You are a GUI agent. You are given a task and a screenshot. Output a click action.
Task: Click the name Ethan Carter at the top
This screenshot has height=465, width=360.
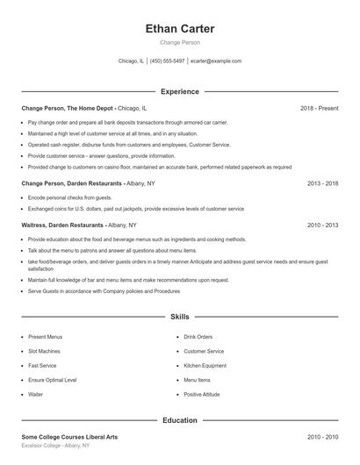(x=179, y=29)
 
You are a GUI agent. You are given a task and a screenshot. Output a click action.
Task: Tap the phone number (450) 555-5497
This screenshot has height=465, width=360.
(x=167, y=61)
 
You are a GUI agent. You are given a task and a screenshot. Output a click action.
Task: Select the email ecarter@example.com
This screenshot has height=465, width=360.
(x=215, y=61)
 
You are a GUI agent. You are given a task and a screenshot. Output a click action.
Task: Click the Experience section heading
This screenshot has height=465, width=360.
(x=179, y=91)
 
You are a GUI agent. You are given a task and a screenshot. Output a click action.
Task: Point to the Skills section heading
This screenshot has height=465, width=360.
(x=179, y=316)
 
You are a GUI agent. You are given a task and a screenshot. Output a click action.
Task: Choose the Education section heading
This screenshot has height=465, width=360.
(x=179, y=420)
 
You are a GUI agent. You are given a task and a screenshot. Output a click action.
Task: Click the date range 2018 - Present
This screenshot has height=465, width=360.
(x=319, y=108)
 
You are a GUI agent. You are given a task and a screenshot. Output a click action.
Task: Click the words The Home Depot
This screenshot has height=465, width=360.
(x=90, y=108)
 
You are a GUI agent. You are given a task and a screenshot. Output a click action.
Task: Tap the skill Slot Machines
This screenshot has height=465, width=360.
(x=46, y=351)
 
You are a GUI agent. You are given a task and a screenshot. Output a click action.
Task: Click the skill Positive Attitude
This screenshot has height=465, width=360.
(x=203, y=395)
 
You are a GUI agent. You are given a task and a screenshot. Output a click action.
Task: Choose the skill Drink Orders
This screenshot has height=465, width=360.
(x=198, y=336)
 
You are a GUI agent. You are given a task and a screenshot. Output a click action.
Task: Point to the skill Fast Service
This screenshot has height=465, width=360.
(x=43, y=365)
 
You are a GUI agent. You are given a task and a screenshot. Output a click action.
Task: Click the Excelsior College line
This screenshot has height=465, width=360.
(x=55, y=446)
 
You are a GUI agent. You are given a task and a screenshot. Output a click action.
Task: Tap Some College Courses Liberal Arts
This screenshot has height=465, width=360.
(x=70, y=437)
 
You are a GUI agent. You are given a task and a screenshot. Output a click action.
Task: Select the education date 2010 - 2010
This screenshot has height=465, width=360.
(x=322, y=437)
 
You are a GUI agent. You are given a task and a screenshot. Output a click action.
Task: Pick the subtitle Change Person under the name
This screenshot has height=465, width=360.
(x=179, y=43)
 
